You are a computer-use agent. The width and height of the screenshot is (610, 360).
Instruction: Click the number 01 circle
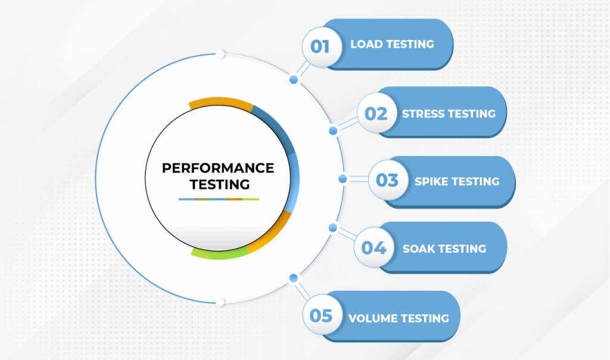tap(322, 46)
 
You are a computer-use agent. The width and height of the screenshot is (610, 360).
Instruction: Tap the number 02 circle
tap(376, 113)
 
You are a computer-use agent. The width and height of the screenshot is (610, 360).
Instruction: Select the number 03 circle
tap(388, 180)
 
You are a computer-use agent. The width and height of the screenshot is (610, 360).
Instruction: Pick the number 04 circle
tap(374, 247)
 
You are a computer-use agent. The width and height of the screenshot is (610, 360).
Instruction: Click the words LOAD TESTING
tap(392, 44)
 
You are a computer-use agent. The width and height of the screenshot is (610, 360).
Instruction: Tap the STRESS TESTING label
tap(449, 114)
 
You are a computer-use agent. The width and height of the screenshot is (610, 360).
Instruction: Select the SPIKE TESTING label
tap(457, 181)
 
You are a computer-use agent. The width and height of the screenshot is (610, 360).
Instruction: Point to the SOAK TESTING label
tap(444, 249)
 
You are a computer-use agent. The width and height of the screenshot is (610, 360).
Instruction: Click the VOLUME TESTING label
tap(399, 318)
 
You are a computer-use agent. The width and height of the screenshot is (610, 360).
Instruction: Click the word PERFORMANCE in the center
tap(218, 168)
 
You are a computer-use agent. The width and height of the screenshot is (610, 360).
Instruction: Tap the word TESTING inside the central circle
tap(220, 185)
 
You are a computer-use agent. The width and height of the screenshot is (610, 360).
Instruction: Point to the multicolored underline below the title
tap(219, 199)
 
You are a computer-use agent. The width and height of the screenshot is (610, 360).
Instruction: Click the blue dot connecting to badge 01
tap(294, 80)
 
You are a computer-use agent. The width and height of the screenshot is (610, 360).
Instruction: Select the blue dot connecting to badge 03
tap(343, 179)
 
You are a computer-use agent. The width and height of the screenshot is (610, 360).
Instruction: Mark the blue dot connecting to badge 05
tap(294, 278)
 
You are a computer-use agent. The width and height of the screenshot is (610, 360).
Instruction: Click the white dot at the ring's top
tap(220, 54)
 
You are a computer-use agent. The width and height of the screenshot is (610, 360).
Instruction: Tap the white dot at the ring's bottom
tap(220, 302)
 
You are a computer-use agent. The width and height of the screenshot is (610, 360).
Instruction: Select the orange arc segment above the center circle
tap(220, 101)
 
